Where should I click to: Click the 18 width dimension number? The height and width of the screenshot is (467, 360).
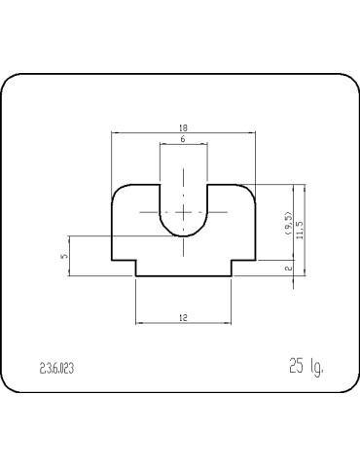183,126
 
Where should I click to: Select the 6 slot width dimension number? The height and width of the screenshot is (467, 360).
183,141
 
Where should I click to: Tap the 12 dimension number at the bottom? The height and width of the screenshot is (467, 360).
183,317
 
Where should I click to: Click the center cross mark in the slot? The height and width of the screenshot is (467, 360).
183,212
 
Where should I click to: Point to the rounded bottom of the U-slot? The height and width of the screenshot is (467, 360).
183,234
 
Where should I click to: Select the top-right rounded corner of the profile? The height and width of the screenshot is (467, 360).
250,189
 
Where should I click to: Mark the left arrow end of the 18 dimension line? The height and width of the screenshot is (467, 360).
113,132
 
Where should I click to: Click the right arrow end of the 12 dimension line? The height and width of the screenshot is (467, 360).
232,323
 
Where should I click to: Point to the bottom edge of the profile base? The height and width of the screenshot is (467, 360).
183,275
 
